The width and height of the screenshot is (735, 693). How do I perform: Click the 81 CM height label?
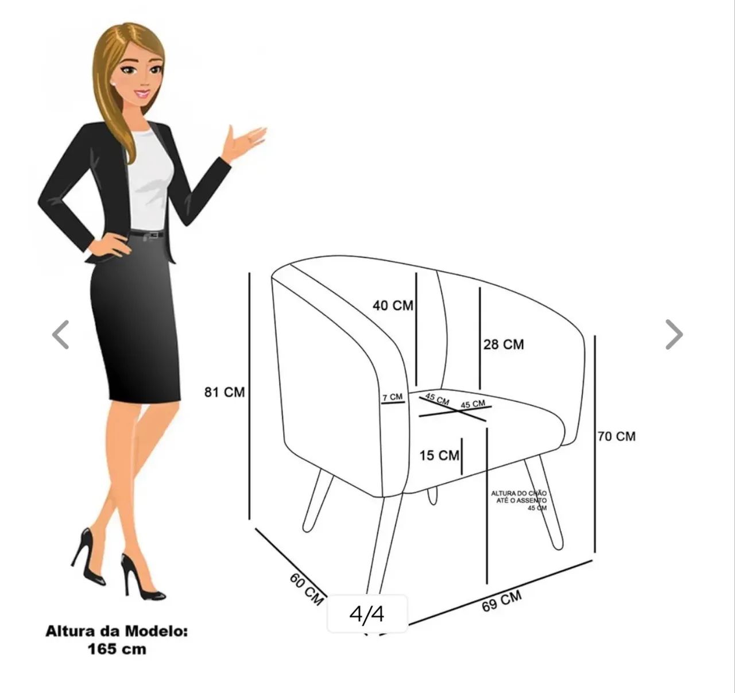[225, 392]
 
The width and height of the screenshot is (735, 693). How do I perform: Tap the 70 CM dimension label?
[617, 436]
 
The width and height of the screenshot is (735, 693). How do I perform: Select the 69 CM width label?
[502, 601]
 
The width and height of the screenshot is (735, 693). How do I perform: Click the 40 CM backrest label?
[393, 305]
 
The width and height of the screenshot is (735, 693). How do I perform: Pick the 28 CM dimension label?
[504, 344]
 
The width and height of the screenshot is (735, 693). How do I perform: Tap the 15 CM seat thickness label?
[439, 455]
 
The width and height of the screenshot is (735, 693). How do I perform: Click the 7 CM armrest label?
[393, 397]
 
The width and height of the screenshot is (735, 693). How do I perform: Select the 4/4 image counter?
[367, 614]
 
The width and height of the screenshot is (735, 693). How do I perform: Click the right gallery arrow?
[674, 334]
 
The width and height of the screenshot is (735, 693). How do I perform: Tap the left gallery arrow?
[61, 334]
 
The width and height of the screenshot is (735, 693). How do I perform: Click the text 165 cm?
[117, 649]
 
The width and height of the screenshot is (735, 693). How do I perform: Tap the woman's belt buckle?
[153, 235]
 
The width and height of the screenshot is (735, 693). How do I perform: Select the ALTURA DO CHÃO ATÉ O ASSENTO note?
[519, 501]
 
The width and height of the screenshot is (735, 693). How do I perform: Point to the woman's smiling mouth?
[142, 94]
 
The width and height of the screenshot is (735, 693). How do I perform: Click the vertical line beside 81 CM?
[249, 396]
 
